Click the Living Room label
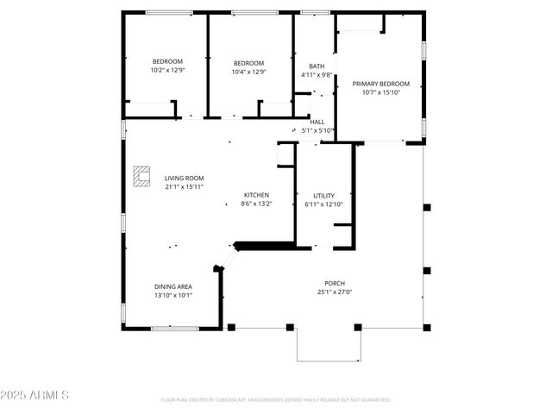tap(184, 179)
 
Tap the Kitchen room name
tap(256, 195)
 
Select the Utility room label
tap(324, 196)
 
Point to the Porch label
tap(335, 283)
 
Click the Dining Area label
tap(173, 286)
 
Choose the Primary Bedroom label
tap(380, 84)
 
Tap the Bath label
tap(317, 66)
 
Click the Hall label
tap(317, 122)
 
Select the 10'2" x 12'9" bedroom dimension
tap(167, 71)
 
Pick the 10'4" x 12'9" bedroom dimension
tap(249, 72)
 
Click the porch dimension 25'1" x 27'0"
tap(335, 292)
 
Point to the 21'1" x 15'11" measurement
tap(184, 187)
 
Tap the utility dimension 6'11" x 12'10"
tap(324, 204)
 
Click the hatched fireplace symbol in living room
tap(141, 175)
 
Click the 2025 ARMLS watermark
tap(35, 395)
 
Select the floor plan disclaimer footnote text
tap(276, 400)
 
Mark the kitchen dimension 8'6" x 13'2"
tap(256, 204)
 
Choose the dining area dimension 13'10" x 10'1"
tap(173, 295)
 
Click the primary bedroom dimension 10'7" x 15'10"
tap(380, 92)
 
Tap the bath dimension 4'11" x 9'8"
tap(317, 75)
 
